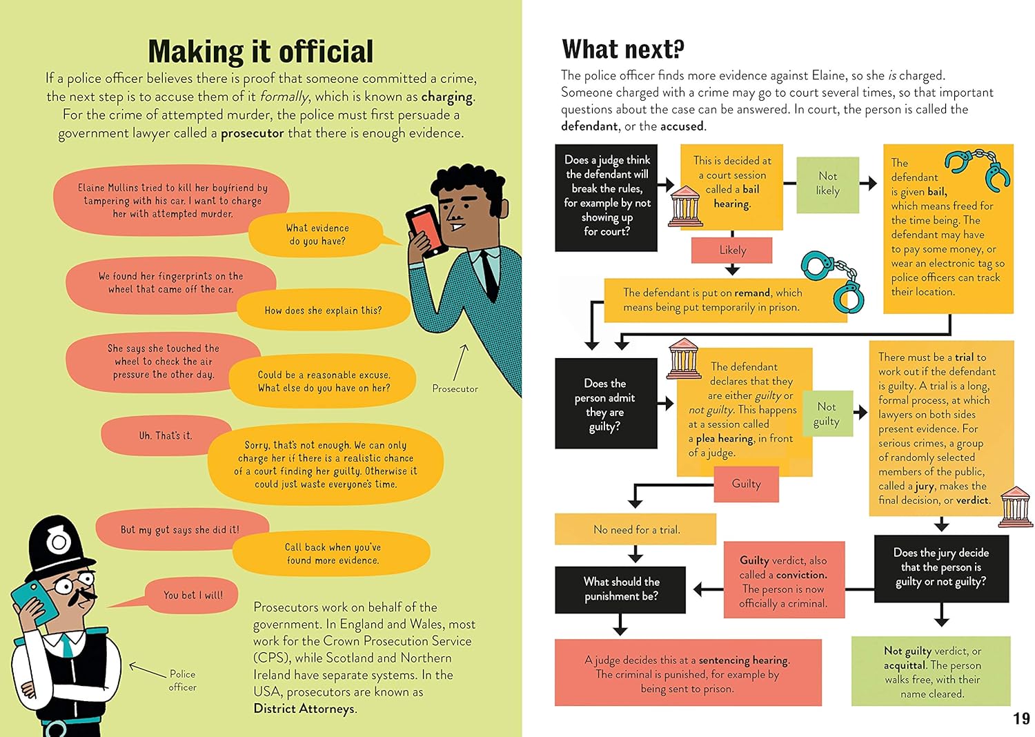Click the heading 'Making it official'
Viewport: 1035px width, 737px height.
[261, 52]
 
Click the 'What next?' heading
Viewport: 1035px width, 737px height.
[622, 50]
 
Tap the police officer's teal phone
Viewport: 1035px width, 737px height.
[37, 602]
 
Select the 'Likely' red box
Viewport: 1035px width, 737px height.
[732, 250]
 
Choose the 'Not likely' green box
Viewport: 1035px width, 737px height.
[827, 184]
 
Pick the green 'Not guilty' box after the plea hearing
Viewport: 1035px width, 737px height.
[826, 414]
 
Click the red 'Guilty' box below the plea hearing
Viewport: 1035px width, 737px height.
[746, 484]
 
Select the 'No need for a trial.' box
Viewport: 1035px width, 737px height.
[635, 529]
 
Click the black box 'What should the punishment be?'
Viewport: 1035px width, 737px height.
[620, 589]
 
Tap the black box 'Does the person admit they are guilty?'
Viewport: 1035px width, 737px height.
[605, 404]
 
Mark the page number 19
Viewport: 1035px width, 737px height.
[1021, 719]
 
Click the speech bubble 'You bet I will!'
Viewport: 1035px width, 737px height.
[193, 595]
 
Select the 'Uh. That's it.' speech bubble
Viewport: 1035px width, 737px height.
[166, 435]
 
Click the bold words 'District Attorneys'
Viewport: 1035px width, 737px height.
[304, 709]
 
